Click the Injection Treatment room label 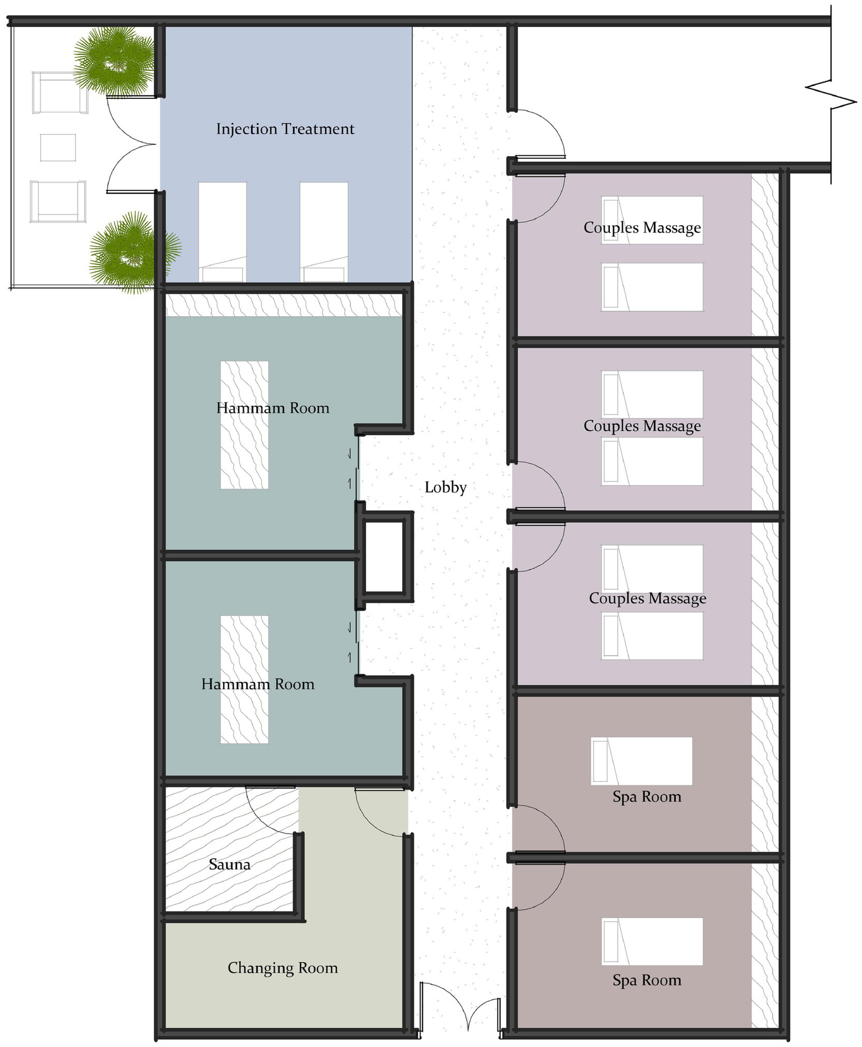coord(285,129)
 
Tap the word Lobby coord(445,487)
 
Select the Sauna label coord(229,864)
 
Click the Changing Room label coord(282,968)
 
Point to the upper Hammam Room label coord(273,408)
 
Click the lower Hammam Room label coord(258,684)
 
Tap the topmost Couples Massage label coord(642,227)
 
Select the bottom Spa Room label coord(647,980)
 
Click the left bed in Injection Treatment coord(222,230)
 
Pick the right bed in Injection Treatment coord(323,230)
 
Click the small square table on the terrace coord(58,148)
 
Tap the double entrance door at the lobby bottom coord(460,1008)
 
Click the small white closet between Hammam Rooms coord(384,556)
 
